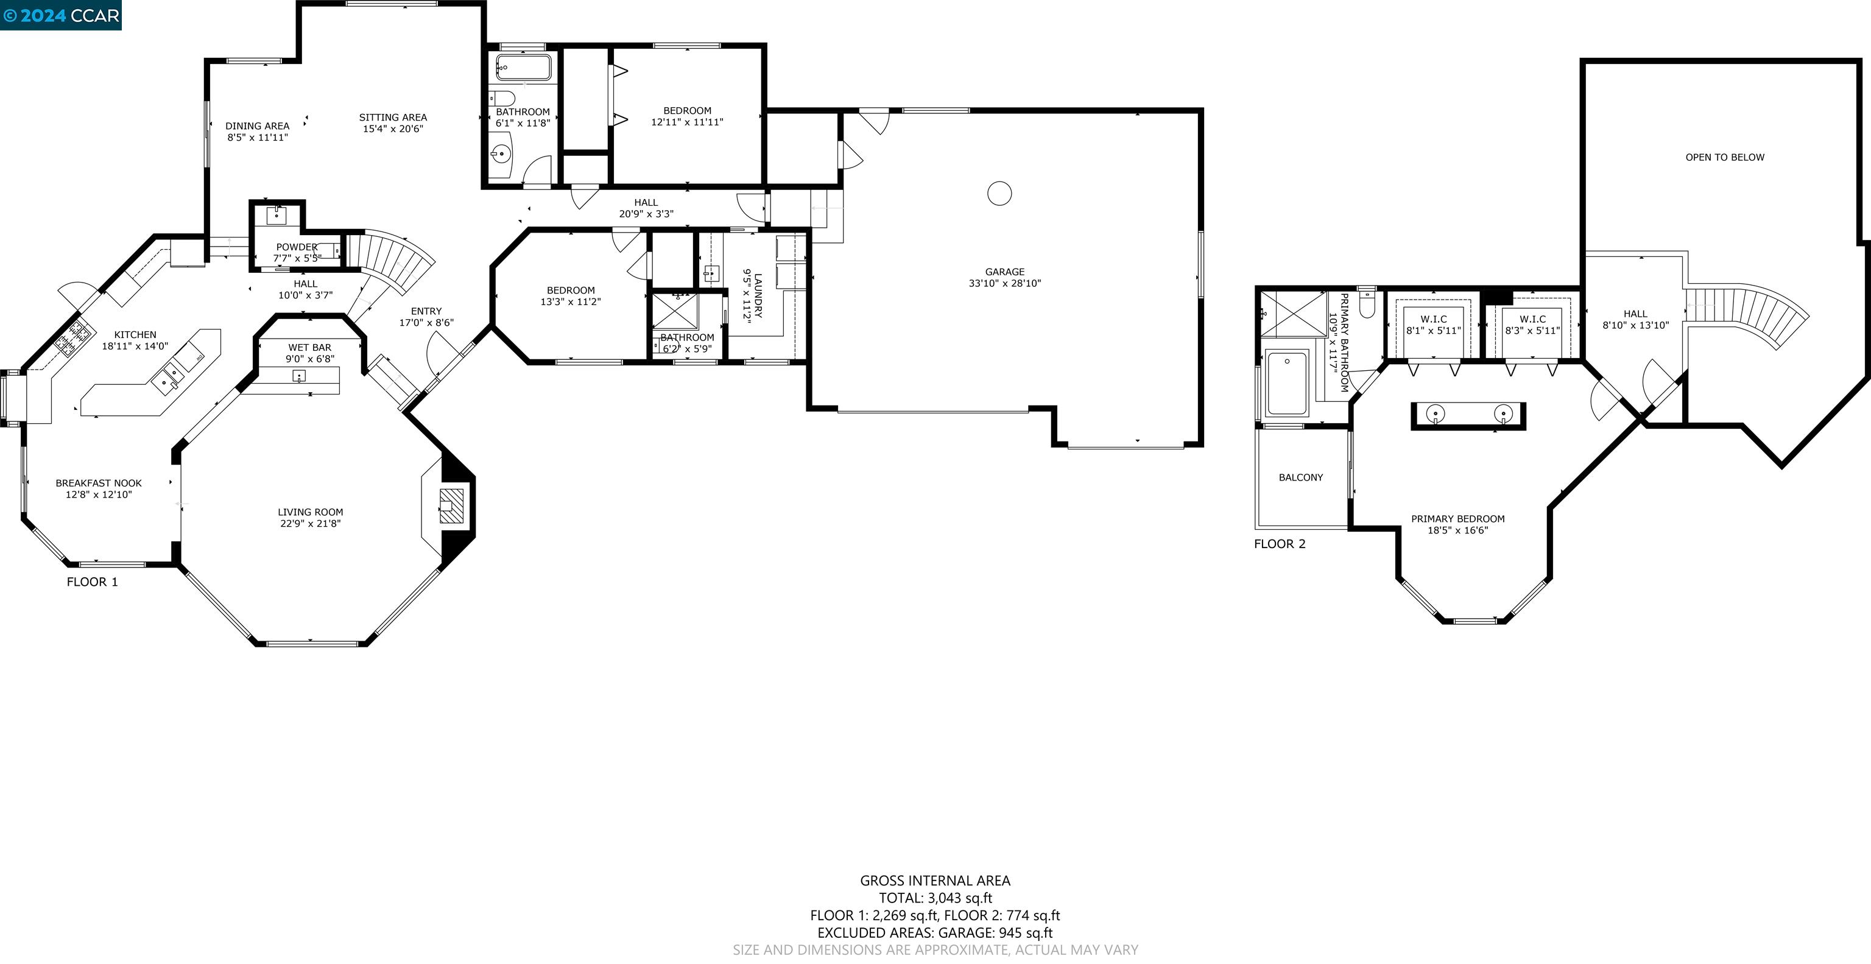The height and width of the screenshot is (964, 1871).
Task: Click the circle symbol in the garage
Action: tap(999, 193)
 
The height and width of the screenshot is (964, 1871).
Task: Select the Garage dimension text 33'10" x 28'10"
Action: tap(1004, 283)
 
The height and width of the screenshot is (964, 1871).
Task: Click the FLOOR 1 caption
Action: tap(92, 582)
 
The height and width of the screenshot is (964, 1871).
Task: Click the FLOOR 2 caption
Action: tap(1279, 544)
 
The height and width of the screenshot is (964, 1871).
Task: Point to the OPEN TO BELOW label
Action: tap(1724, 157)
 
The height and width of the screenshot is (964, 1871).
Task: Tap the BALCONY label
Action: tap(1300, 477)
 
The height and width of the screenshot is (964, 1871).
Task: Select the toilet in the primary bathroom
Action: tap(1366, 305)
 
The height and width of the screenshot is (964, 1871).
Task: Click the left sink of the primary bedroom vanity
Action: tap(1435, 414)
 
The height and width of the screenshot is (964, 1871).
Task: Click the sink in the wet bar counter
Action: tap(298, 376)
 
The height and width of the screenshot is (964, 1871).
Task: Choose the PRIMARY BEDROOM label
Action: tap(1457, 519)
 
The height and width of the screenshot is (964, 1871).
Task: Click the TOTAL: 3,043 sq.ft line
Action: tap(935, 898)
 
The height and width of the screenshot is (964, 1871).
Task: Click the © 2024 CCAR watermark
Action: tap(61, 15)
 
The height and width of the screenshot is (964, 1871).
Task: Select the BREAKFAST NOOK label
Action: tap(99, 483)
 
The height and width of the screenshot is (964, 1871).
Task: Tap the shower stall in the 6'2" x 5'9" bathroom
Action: tap(675, 311)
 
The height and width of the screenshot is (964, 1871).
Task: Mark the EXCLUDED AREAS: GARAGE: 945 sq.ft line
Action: tap(935, 933)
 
